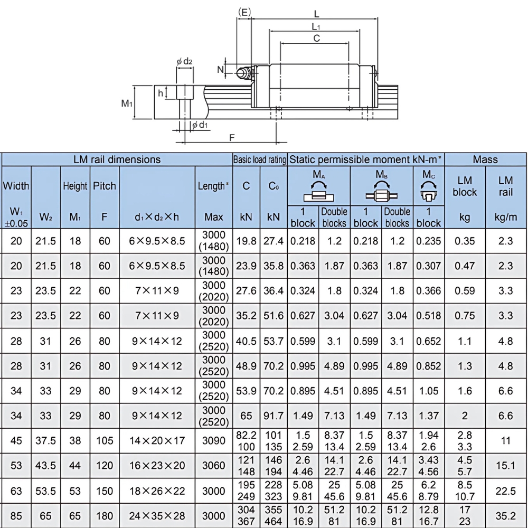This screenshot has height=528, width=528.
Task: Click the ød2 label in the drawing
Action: click(x=184, y=62)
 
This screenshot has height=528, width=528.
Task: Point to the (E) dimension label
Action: click(x=244, y=11)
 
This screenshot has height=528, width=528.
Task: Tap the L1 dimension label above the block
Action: click(x=316, y=26)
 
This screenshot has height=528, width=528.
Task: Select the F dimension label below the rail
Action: click(x=232, y=138)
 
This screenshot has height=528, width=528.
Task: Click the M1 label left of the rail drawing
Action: click(x=127, y=103)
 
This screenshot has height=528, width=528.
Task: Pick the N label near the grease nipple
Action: click(x=220, y=69)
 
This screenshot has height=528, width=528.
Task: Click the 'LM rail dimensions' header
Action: click(x=117, y=159)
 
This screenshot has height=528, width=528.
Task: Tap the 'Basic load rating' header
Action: click(x=260, y=159)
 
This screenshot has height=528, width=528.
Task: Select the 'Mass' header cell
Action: click(x=485, y=159)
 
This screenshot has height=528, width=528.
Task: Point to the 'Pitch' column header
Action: click(x=105, y=186)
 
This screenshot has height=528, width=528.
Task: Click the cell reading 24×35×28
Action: click(x=157, y=516)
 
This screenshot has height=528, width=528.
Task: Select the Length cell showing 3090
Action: click(x=214, y=440)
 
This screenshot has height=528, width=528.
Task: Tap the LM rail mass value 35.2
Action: click(x=505, y=516)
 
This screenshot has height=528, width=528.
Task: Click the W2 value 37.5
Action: click(x=45, y=440)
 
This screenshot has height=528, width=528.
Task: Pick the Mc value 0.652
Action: click(x=429, y=341)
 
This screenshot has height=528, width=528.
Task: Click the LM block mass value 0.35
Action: click(x=465, y=241)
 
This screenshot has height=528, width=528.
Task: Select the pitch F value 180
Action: click(x=105, y=516)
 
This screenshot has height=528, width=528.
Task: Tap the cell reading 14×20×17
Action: click(x=157, y=440)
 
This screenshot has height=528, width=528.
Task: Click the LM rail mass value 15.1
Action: click(x=505, y=466)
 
